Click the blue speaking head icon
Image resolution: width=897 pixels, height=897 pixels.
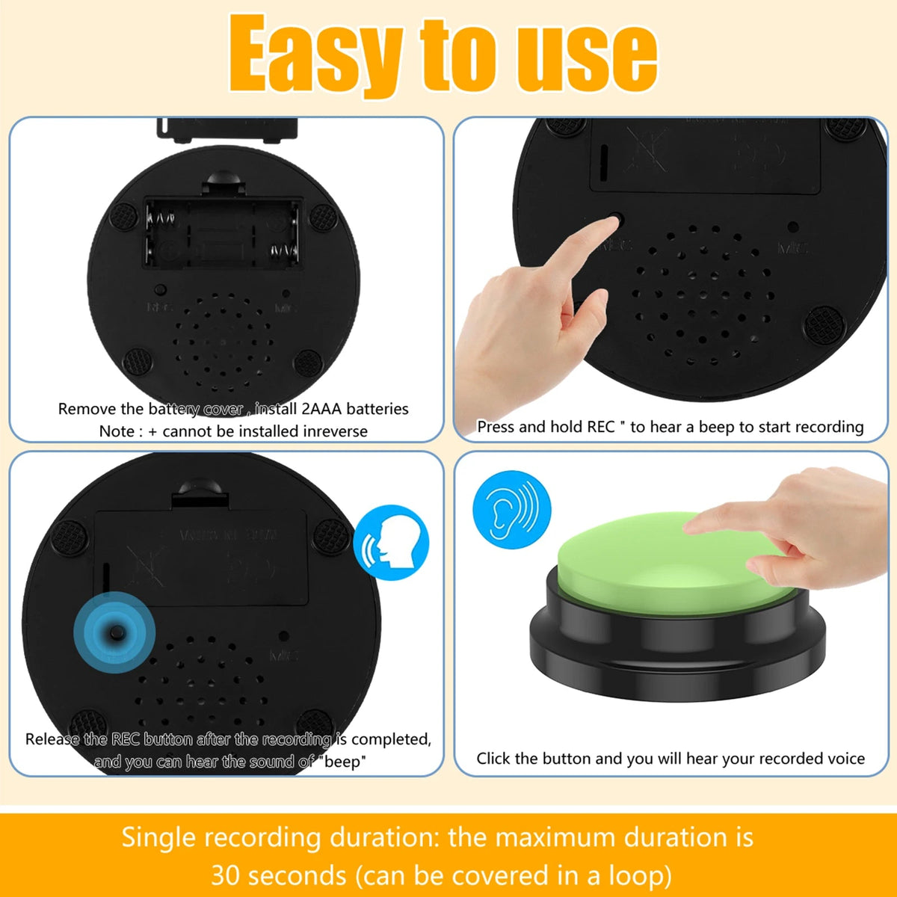pos(391,543)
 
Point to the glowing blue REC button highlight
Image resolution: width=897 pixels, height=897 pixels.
pos(114,632)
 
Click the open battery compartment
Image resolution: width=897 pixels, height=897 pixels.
pos(223,232)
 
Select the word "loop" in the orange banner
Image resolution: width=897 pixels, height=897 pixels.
pos(635,875)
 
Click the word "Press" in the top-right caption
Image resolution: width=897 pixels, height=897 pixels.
pos(496,427)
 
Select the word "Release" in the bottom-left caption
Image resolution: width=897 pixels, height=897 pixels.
pos(52,739)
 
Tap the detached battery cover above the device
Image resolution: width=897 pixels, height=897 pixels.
pos(226,129)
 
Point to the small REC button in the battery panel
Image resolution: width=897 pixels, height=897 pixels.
pos(159,289)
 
